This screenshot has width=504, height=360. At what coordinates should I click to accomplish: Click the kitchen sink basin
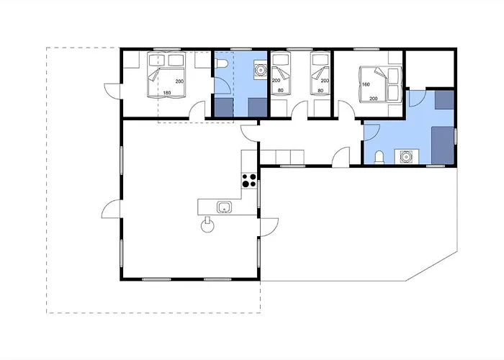[224, 207]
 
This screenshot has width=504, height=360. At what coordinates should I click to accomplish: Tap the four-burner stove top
[249, 180]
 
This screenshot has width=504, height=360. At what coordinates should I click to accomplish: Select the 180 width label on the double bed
[167, 93]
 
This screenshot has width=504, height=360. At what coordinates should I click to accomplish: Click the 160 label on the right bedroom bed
[366, 84]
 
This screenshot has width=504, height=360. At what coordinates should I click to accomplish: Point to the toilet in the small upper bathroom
[222, 64]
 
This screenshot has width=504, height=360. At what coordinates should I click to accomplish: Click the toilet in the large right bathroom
[379, 158]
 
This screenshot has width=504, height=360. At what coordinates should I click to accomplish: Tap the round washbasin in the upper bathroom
[259, 69]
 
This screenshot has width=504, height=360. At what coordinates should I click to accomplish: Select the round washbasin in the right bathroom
[406, 156]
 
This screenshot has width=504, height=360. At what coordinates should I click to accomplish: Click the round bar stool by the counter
[207, 225]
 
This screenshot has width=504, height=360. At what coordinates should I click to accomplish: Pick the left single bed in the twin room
[280, 74]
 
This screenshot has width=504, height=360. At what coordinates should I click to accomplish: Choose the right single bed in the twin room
[320, 74]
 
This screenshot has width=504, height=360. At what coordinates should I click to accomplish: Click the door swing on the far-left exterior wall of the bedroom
[112, 91]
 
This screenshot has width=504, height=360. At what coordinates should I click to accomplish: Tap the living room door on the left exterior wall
[111, 209]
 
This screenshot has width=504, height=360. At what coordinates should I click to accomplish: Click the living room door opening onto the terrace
[269, 228]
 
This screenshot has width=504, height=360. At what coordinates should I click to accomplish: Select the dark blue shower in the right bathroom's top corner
[444, 99]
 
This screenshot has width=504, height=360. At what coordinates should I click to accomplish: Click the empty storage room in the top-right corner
[430, 68]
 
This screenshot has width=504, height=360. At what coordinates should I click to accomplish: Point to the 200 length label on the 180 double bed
[179, 81]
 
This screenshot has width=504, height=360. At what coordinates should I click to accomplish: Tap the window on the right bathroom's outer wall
[456, 136]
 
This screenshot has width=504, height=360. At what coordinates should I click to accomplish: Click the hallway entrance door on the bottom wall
[341, 157]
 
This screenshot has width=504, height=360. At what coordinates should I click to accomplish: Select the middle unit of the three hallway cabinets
[283, 157]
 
